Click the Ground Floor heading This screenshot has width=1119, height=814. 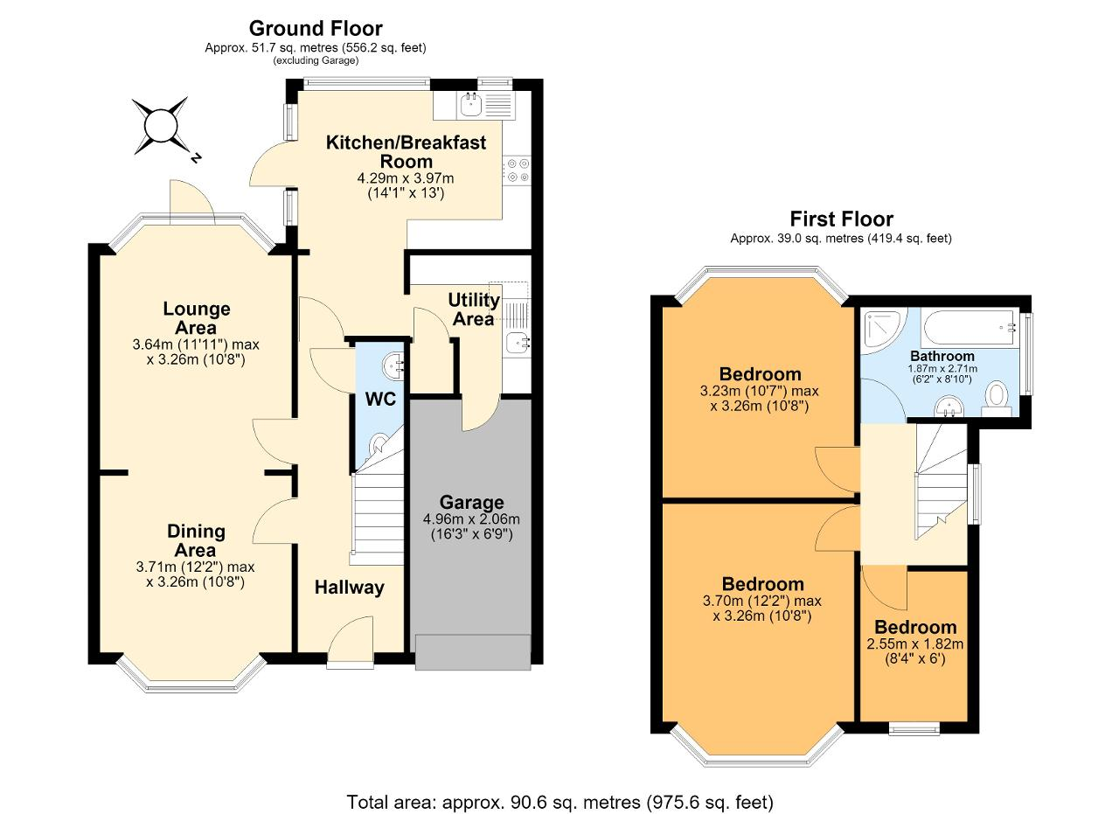coord(316,29)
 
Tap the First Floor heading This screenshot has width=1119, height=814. coord(841,219)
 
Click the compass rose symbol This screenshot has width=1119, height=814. coord(162,127)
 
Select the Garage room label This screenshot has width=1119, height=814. coord(471,502)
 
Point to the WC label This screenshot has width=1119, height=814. coord(380,399)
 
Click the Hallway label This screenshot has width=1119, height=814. coord(349,588)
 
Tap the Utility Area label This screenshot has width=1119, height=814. coord(474,310)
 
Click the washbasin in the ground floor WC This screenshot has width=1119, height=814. coord(393,365)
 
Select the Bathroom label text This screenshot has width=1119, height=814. coord(942,356)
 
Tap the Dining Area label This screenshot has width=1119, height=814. coord(196,540)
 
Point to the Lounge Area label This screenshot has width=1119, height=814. coord(197,317)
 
